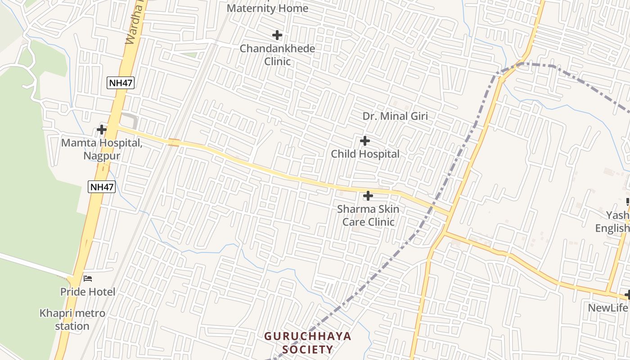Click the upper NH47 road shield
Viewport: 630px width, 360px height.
121,83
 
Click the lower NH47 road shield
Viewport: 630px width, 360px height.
102,187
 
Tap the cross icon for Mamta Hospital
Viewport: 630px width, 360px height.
102,130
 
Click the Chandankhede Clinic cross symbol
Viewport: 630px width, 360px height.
277,35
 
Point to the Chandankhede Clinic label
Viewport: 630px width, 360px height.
277,54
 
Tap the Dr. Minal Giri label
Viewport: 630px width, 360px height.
395,116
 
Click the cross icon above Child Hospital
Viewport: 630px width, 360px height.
365,141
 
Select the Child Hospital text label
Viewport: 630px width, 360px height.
365,154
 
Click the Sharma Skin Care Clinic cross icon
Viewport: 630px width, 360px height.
368,196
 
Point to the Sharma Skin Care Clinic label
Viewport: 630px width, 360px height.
368,216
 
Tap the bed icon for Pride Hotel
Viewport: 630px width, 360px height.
88,279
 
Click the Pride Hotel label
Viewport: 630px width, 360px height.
88,292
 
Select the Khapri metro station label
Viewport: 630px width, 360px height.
72,319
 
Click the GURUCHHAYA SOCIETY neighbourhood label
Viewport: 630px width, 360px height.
307,342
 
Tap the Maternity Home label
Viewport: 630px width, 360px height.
268,8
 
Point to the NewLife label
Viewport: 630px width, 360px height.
608,308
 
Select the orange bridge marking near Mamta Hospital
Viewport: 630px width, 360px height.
174,143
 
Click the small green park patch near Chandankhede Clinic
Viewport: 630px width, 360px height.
189,55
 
